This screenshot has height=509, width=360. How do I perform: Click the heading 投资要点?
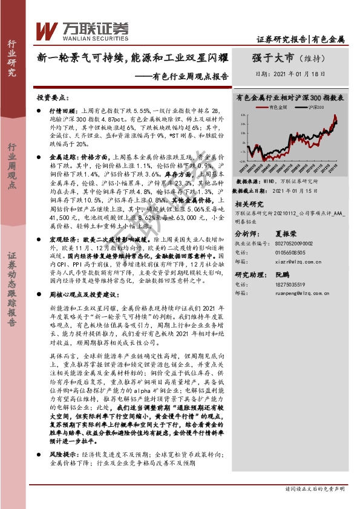tap(50, 97)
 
